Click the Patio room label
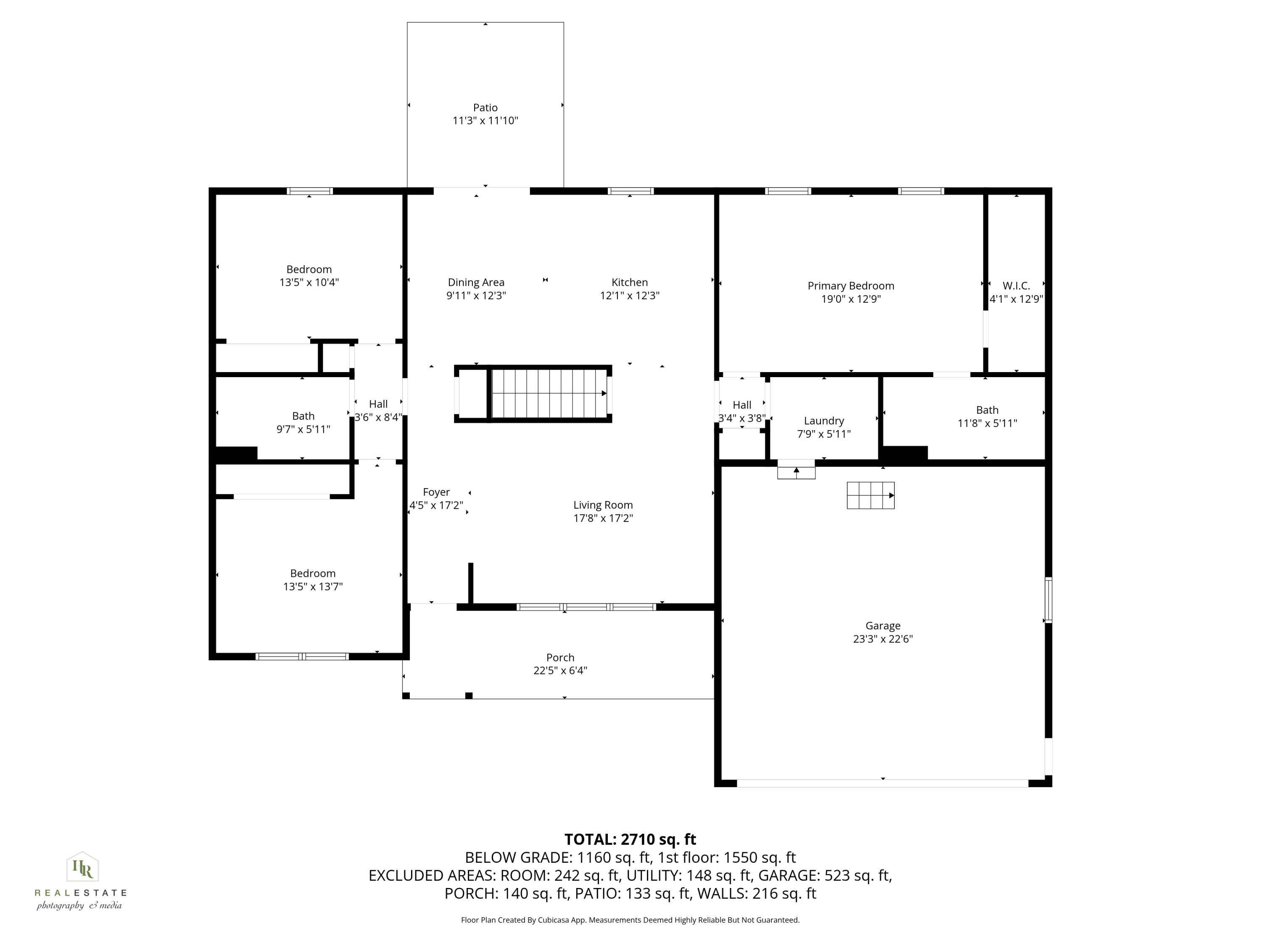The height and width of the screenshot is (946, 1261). click(x=485, y=108)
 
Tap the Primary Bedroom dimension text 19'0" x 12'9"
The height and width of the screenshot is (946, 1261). click(x=851, y=299)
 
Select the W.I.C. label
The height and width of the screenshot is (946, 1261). click(x=1016, y=285)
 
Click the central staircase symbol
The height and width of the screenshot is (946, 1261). click(x=549, y=394)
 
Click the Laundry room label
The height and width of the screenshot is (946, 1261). click(x=823, y=421)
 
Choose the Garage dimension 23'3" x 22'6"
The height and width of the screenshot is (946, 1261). click(x=882, y=639)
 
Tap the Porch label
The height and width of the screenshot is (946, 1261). click(x=560, y=658)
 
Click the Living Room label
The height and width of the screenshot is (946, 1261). click(x=603, y=505)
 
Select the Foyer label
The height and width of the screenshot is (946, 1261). click(x=436, y=492)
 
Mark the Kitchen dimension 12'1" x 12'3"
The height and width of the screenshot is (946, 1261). click(x=629, y=296)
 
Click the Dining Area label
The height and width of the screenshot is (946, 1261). click(x=475, y=282)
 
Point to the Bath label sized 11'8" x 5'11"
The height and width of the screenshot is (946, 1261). click(x=987, y=410)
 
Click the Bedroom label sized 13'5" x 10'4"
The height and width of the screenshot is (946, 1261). click(x=309, y=269)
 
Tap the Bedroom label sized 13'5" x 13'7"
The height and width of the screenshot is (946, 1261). click(x=312, y=573)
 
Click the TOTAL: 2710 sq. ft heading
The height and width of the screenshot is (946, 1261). click(x=630, y=839)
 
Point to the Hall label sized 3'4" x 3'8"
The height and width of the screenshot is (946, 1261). click(x=741, y=405)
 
